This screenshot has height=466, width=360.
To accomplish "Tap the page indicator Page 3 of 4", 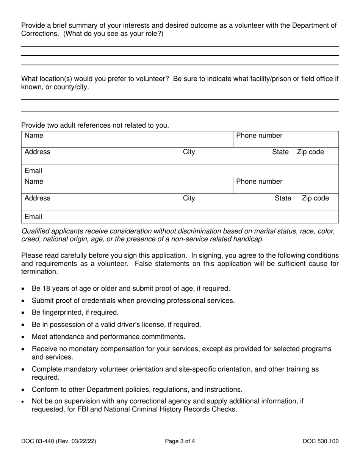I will (180, 441).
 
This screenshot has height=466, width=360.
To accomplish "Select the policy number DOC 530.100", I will (321, 441).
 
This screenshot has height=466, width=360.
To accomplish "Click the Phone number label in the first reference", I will (259, 136).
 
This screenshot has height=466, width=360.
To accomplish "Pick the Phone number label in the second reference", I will (259, 182).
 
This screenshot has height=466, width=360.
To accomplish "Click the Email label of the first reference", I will (33, 171).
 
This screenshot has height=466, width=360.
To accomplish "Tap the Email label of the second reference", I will (33, 217).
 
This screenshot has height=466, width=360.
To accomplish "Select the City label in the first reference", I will (189, 152).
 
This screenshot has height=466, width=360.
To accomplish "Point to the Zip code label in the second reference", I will (315, 199).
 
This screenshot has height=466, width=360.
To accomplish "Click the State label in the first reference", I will (280, 152).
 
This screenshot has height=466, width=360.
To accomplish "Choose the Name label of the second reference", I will (34, 182).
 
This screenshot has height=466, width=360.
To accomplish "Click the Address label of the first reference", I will (37, 152).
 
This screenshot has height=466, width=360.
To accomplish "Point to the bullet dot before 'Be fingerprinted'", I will (24, 313).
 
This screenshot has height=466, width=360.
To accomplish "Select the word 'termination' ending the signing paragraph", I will (40, 272).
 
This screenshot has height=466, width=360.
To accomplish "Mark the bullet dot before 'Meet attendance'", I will (24, 337).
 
